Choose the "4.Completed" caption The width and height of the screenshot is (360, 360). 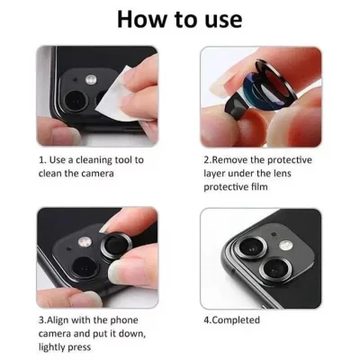234,318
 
